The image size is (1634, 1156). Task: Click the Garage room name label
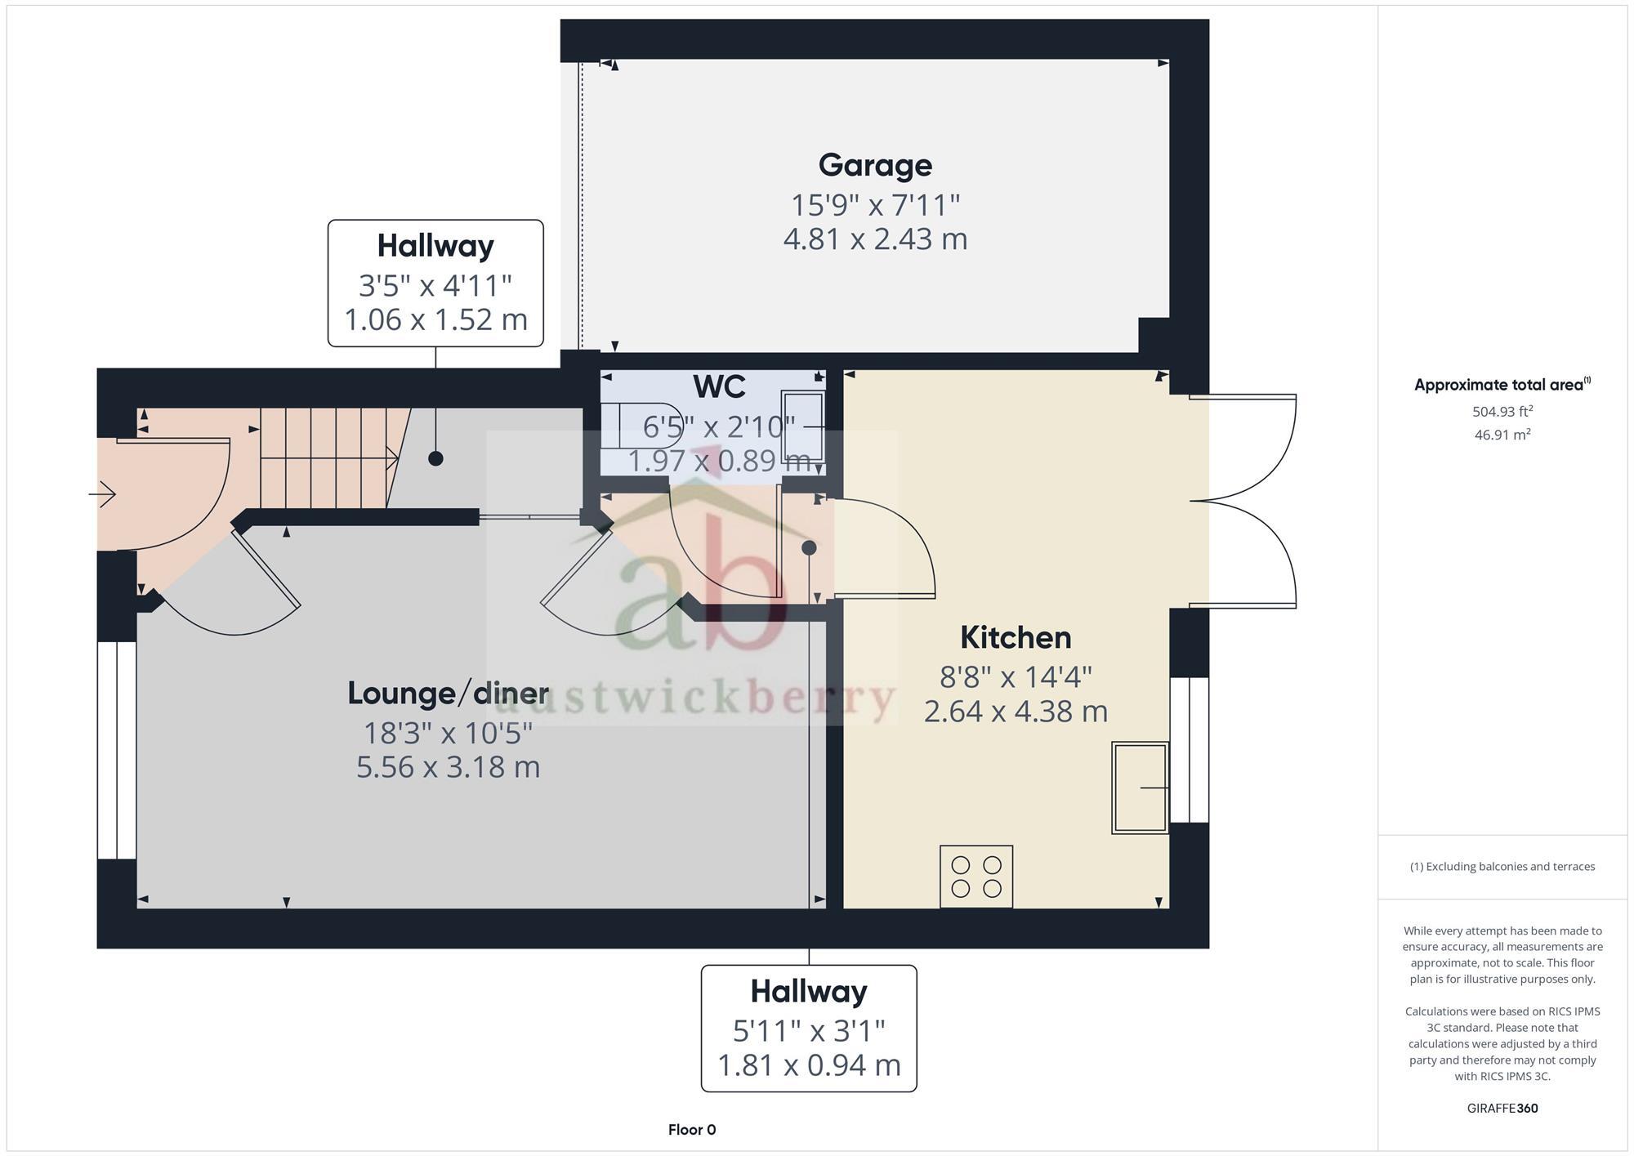click(x=875, y=166)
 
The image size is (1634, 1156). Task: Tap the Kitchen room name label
click(x=1016, y=638)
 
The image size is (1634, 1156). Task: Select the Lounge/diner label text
click(x=448, y=694)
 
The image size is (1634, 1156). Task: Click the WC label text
click(x=719, y=387)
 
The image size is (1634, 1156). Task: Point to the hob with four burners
click(x=976, y=877)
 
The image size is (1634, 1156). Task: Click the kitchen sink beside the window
click(x=1139, y=788)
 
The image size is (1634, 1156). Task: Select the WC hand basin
click(x=802, y=426)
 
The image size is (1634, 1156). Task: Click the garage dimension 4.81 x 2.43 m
click(x=875, y=239)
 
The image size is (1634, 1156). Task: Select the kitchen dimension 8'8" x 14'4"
click(x=1016, y=677)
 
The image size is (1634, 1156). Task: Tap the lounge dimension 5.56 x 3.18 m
click(x=448, y=768)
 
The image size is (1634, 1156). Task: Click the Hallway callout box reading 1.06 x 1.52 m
click(x=435, y=283)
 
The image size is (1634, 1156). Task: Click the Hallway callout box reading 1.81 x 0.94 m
click(x=809, y=1029)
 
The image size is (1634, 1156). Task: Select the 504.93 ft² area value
click(x=1502, y=412)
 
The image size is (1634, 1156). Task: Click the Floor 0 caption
click(x=691, y=1130)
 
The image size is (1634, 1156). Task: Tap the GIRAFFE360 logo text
click(x=1502, y=1109)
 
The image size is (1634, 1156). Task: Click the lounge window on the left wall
click(x=117, y=750)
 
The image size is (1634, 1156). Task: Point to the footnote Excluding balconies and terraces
click(x=1502, y=867)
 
